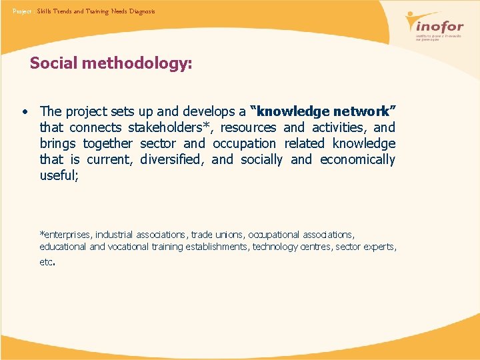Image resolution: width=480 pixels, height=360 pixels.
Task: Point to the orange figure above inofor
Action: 421,19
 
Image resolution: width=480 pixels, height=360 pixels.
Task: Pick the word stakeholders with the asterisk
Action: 170,127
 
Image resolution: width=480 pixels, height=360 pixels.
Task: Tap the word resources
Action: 248,127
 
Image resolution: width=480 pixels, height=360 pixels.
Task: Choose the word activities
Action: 339,127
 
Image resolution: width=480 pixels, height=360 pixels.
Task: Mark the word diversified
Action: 171,159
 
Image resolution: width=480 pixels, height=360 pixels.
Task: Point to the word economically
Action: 357,159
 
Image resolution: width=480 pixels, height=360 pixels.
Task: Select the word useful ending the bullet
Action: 58,175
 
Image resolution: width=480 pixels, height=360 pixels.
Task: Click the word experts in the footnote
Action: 380,247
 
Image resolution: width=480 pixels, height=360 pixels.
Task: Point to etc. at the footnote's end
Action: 46,262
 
